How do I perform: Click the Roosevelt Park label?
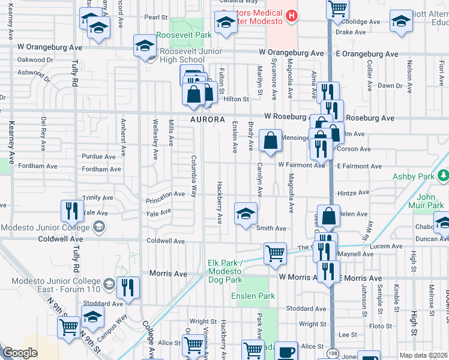click(184, 35)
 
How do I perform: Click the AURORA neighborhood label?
click(208, 120)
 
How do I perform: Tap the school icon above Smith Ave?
click(245, 214)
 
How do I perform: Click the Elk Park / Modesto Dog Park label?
click(224, 271)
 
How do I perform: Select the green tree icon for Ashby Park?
click(444, 176)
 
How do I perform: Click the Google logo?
click(20, 353)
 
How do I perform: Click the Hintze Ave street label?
click(352, 193)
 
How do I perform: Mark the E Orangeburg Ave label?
click(367, 54)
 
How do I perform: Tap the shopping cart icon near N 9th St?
click(68, 327)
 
